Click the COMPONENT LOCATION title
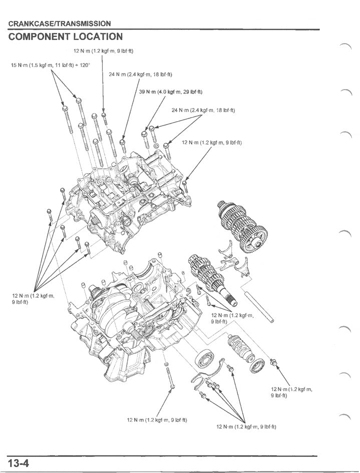click(65, 37)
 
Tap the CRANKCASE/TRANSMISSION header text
click(59, 24)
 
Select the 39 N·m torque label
click(171, 92)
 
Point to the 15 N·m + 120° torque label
click(50, 66)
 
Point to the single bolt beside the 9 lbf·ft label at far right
click(273, 362)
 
